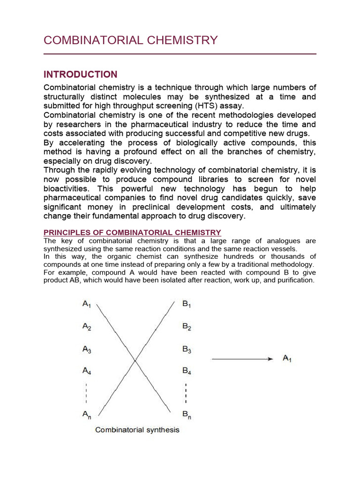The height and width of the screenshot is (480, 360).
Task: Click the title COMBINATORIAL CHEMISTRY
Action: pos(130,40)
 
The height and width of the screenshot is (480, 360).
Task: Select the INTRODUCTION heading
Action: pos(80,75)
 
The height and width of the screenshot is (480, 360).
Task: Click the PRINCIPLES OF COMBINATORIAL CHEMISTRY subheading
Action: pos(132,232)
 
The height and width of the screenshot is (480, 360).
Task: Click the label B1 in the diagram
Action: pos(187,304)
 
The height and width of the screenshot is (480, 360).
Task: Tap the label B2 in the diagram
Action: pos(187,327)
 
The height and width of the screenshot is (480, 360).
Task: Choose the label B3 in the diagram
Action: pos(187,349)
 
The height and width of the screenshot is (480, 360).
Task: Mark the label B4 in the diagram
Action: pos(187,371)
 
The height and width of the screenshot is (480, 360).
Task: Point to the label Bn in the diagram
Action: pos(187,414)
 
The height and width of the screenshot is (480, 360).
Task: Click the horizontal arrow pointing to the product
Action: pos(242,359)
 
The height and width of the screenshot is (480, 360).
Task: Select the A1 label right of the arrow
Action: pos(287,359)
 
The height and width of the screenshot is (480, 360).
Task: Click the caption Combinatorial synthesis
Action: pos(137,429)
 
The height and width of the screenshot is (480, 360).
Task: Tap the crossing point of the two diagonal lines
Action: pos(135,360)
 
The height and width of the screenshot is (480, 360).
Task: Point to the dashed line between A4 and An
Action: pos(86,393)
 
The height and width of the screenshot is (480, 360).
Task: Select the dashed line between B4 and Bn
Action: pos(186,393)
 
